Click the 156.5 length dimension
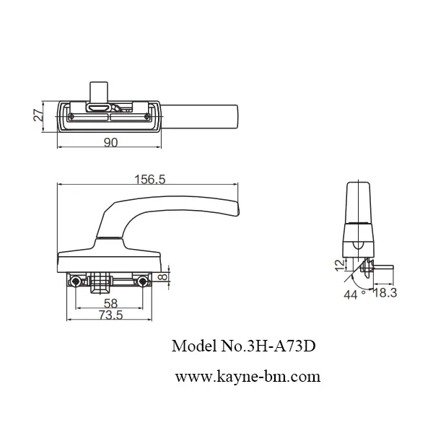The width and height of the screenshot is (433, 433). click(x=150, y=180)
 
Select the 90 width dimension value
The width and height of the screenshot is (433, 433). click(x=110, y=143)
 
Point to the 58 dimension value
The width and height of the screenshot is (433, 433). click(x=110, y=304)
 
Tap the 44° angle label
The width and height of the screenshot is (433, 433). click(x=351, y=294)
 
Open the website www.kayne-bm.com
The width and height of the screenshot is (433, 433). click(x=248, y=376)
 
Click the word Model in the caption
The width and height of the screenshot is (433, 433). click(x=191, y=346)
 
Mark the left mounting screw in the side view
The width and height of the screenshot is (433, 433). click(x=74, y=280)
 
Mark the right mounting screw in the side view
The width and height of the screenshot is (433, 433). click(x=143, y=280)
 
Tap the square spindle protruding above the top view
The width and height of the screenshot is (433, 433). click(x=99, y=91)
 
